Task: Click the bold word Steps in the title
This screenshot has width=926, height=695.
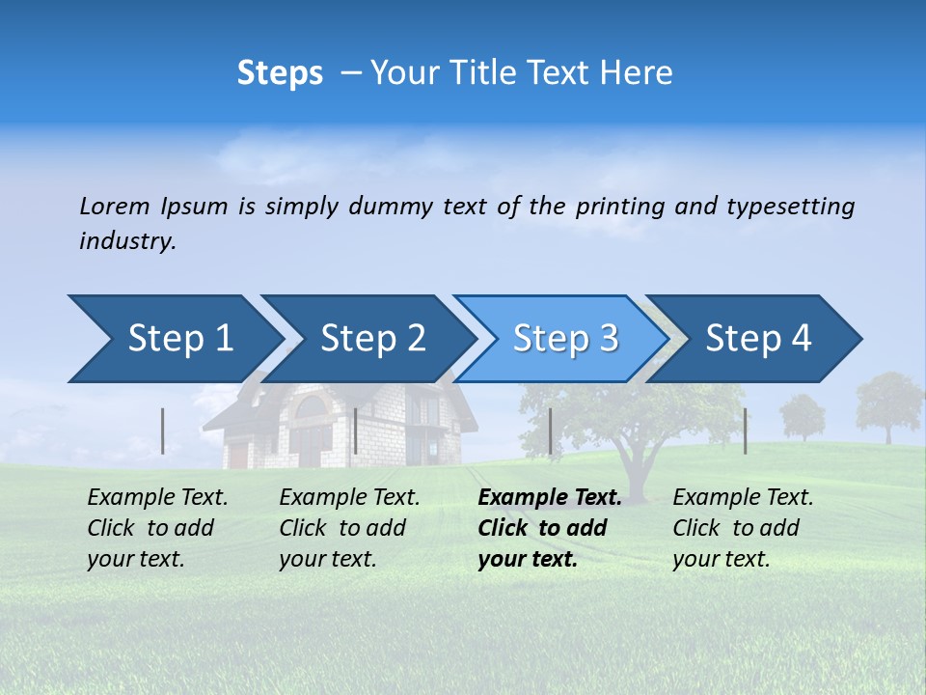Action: click(x=280, y=73)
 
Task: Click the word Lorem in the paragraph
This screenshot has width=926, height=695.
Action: click(x=115, y=206)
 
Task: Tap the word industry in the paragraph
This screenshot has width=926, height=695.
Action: click(x=126, y=241)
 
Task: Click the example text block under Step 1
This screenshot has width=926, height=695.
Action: click(x=158, y=528)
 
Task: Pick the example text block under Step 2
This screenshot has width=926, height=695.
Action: click(x=349, y=528)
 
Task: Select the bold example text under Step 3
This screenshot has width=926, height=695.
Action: click(x=550, y=528)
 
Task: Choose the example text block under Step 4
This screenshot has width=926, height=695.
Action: click(x=743, y=528)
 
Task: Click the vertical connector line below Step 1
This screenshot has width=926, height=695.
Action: click(x=163, y=431)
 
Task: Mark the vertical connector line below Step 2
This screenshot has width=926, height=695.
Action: click(x=356, y=431)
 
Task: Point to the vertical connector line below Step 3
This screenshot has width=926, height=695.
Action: click(x=550, y=431)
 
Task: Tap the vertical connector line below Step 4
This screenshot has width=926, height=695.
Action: click(x=745, y=431)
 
